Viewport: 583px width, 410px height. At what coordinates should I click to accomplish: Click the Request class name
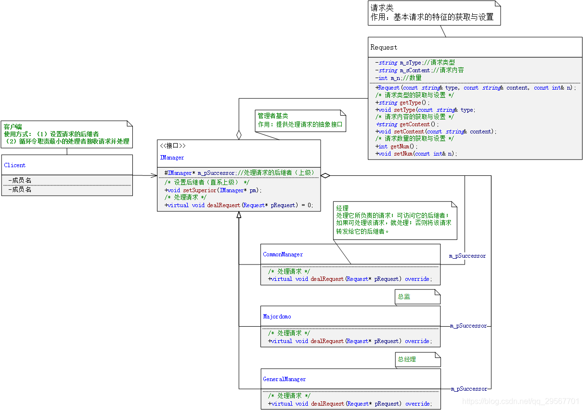(x=384, y=47)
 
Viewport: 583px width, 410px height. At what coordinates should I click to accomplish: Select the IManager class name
(x=172, y=158)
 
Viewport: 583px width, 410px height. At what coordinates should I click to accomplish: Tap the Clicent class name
(x=14, y=165)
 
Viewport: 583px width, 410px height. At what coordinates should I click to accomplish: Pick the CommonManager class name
(x=283, y=254)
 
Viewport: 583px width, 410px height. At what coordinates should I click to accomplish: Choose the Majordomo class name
(x=277, y=317)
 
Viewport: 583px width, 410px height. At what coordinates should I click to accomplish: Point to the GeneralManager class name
(x=284, y=379)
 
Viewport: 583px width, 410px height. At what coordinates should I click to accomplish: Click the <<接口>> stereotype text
(x=172, y=145)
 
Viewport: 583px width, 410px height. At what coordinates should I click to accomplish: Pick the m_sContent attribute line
(x=419, y=70)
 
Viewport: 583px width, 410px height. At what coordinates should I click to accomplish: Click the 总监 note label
(x=404, y=296)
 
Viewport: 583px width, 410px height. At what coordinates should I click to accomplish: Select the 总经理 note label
(x=407, y=359)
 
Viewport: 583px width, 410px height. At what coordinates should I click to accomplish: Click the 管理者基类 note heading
(x=273, y=116)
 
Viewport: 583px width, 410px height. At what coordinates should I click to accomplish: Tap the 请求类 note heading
(x=382, y=8)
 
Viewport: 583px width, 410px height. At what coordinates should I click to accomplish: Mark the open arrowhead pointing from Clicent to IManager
(x=154, y=175)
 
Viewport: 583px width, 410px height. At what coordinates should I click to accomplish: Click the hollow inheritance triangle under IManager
(x=239, y=215)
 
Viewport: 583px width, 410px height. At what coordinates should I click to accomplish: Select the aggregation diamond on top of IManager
(x=239, y=135)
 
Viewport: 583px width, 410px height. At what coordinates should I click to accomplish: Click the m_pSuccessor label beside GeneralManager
(x=469, y=389)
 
